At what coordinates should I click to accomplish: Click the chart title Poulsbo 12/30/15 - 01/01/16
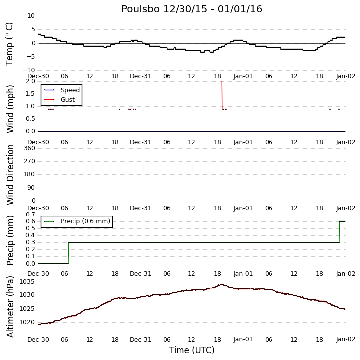(x=191, y=9)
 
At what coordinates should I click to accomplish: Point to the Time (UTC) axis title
(x=192, y=350)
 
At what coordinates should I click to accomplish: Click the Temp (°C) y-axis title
(x=9, y=44)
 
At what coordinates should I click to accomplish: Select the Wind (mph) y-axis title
(x=10, y=109)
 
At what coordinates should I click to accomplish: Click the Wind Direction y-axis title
(x=10, y=175)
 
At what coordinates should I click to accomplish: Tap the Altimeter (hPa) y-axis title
(x=10, y=306)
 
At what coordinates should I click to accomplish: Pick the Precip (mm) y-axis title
(x=10, y=241)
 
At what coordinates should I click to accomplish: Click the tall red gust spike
(x=222, y=95)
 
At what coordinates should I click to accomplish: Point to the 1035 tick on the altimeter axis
(x=27, y=282)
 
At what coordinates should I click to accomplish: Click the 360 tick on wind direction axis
(x=30, y=148)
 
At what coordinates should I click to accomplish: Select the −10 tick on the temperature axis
(x=28, y=70)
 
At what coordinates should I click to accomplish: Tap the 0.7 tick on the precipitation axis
(x=30, y=215)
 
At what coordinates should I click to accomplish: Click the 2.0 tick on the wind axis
(x=30, y=81)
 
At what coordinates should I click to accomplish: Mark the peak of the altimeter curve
(x=221, y=285)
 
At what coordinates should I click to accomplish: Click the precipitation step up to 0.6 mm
(x=339, y=232)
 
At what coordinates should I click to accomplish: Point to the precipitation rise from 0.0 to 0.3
(x=68, y=253)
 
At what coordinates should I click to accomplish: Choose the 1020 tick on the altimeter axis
(x=27, y=322)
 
